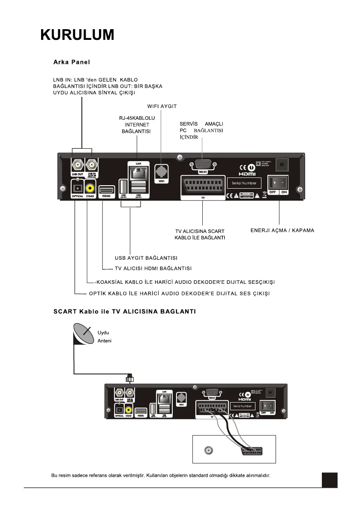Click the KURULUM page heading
[78, 35]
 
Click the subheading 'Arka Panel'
[72, 62]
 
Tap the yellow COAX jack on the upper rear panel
[90, 187]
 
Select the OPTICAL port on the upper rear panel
[78, 188]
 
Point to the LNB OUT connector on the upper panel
[78, 165]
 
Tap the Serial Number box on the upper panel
[244, 183]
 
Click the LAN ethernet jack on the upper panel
[137, 172]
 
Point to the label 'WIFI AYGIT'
[162, 106]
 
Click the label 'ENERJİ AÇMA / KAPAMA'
[282, 230]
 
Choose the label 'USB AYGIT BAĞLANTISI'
[146, 258]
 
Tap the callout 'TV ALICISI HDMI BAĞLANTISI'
[153, 268]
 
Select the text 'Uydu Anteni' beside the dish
[105, 337]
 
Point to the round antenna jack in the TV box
[209, 451]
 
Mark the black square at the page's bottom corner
[330, 480]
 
